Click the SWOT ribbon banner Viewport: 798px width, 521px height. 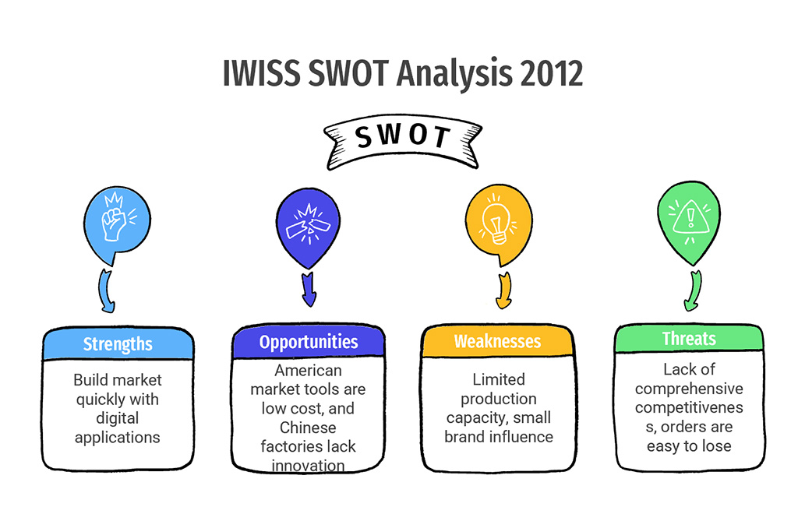coord(403,142)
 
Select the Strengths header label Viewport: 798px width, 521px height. coord(118,344)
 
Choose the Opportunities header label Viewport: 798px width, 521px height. coord(309,342)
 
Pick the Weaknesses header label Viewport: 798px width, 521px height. coord(497,341)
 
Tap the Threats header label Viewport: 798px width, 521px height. coord(689,338)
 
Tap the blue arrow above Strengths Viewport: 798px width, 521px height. coord(107,291)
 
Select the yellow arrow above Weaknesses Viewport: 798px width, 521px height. coord(504,290)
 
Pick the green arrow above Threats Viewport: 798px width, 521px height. coord(693,290)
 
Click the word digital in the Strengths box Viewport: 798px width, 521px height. coord(118,418)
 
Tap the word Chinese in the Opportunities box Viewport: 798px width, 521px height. coord(308,428)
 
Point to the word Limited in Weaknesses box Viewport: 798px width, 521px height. coord(499,379)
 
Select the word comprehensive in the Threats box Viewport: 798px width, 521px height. coord(689,389)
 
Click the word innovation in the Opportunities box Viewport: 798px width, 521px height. coord(308,466)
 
